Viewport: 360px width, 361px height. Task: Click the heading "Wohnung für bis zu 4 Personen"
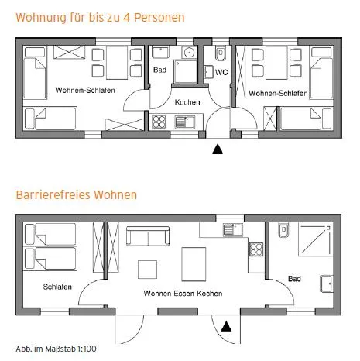[x=100, y=18]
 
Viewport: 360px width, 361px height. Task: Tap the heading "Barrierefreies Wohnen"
[x=77, y=194]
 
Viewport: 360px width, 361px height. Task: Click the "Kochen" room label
[x=187, y=102]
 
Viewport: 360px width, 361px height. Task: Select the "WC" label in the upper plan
[x=221, y=72]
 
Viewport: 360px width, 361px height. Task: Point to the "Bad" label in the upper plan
[x=160, y=70]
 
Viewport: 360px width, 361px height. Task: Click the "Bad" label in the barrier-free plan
[x=294, y=279]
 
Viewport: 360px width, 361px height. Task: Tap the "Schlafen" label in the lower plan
[x=57, y=287]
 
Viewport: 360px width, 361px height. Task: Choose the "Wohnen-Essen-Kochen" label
[x=183, y=294]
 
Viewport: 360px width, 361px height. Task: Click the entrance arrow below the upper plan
[x=218, y=149]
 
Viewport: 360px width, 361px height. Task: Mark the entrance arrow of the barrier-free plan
[x=226, y=327]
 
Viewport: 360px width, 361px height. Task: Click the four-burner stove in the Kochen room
[x=159, y=122]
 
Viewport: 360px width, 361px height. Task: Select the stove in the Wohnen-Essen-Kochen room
[x=256, y=249]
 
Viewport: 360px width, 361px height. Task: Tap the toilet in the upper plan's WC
[x=221, y=53]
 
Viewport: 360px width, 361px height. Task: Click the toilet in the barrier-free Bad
[x=283, y=229]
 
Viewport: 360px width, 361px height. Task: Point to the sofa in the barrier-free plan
[x=148, y=236]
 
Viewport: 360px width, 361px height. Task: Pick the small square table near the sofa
[x=147, y=270]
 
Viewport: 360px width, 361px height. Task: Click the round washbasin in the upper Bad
[x=189, y=53]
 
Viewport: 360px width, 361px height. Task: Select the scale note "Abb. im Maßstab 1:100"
[x=56, y=349]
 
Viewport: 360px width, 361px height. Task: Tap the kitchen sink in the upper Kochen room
[x=185, y=122]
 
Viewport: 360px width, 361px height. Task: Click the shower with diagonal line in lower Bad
[x=314, y=240]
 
